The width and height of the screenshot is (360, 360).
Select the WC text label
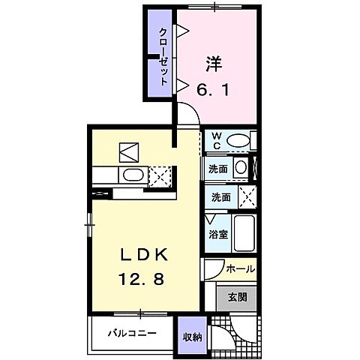[215, 140]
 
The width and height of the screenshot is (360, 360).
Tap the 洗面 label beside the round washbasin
[218, 168]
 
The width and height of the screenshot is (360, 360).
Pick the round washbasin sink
[239, 168]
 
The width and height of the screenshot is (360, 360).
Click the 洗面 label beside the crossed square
[218, 198]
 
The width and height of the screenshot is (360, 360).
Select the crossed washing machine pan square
[244, 197]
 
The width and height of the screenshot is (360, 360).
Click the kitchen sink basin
[132, 175]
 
